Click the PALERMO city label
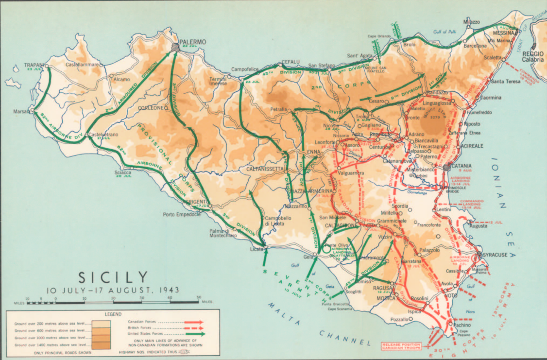click(193, 42)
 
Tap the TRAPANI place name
click(34, 65)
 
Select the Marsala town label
click(21, 112)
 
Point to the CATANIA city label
click(462, 166)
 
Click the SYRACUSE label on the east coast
click(495, 255)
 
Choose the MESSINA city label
click(503, 33)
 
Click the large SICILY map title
click(113, 277)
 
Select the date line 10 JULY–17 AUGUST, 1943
click(113, 290)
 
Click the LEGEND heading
click(113, 314)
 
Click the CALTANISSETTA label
click(265, 169)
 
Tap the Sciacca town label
click(122, 172)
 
